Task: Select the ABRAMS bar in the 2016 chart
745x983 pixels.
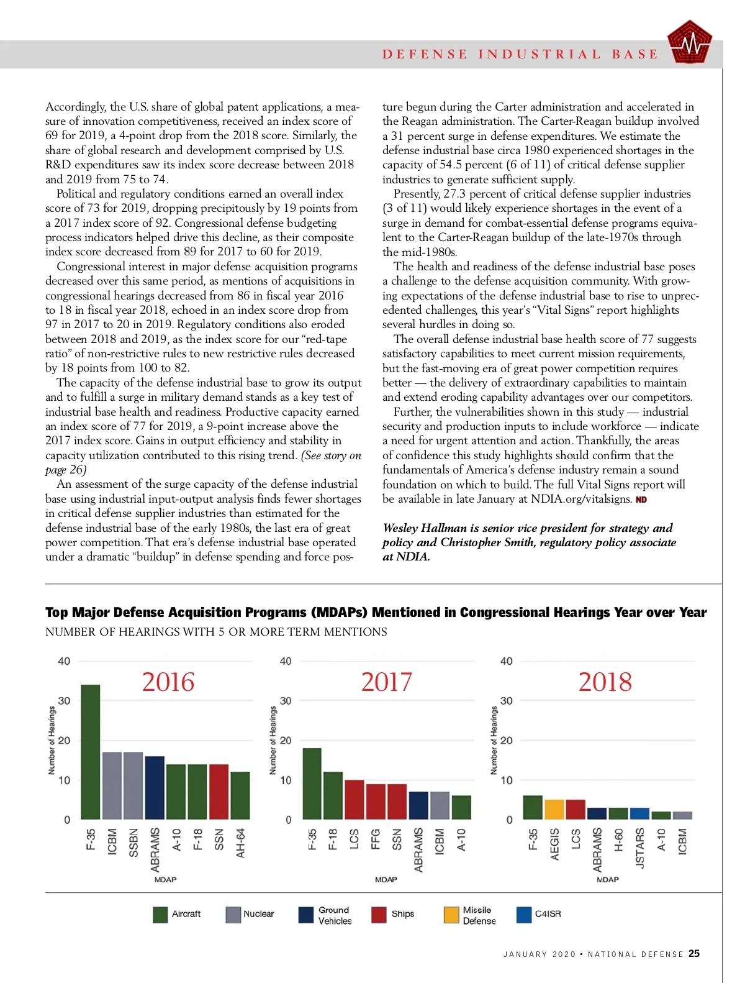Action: [155, 787]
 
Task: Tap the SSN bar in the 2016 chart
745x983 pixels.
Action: [219, 792]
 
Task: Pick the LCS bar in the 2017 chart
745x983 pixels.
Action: [354, 800]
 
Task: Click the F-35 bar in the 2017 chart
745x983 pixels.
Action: [312, 784]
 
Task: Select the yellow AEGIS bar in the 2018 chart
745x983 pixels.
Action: [554, 810]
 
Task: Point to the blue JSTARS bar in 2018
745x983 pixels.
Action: [639, 813]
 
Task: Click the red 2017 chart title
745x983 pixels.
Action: [386, 682]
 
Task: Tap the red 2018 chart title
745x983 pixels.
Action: [605, 682]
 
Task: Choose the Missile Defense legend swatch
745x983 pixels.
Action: [451, 915]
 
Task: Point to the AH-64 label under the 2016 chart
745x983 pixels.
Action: [240, 843]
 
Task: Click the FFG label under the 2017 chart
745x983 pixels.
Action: [376, 839]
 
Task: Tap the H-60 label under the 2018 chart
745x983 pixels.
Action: [618, 841]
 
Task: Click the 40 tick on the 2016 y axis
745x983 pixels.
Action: [64, 661]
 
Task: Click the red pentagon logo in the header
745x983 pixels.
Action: [689, 43]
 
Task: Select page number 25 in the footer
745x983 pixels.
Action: [694, 954]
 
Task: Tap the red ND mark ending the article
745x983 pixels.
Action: [641, 500]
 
